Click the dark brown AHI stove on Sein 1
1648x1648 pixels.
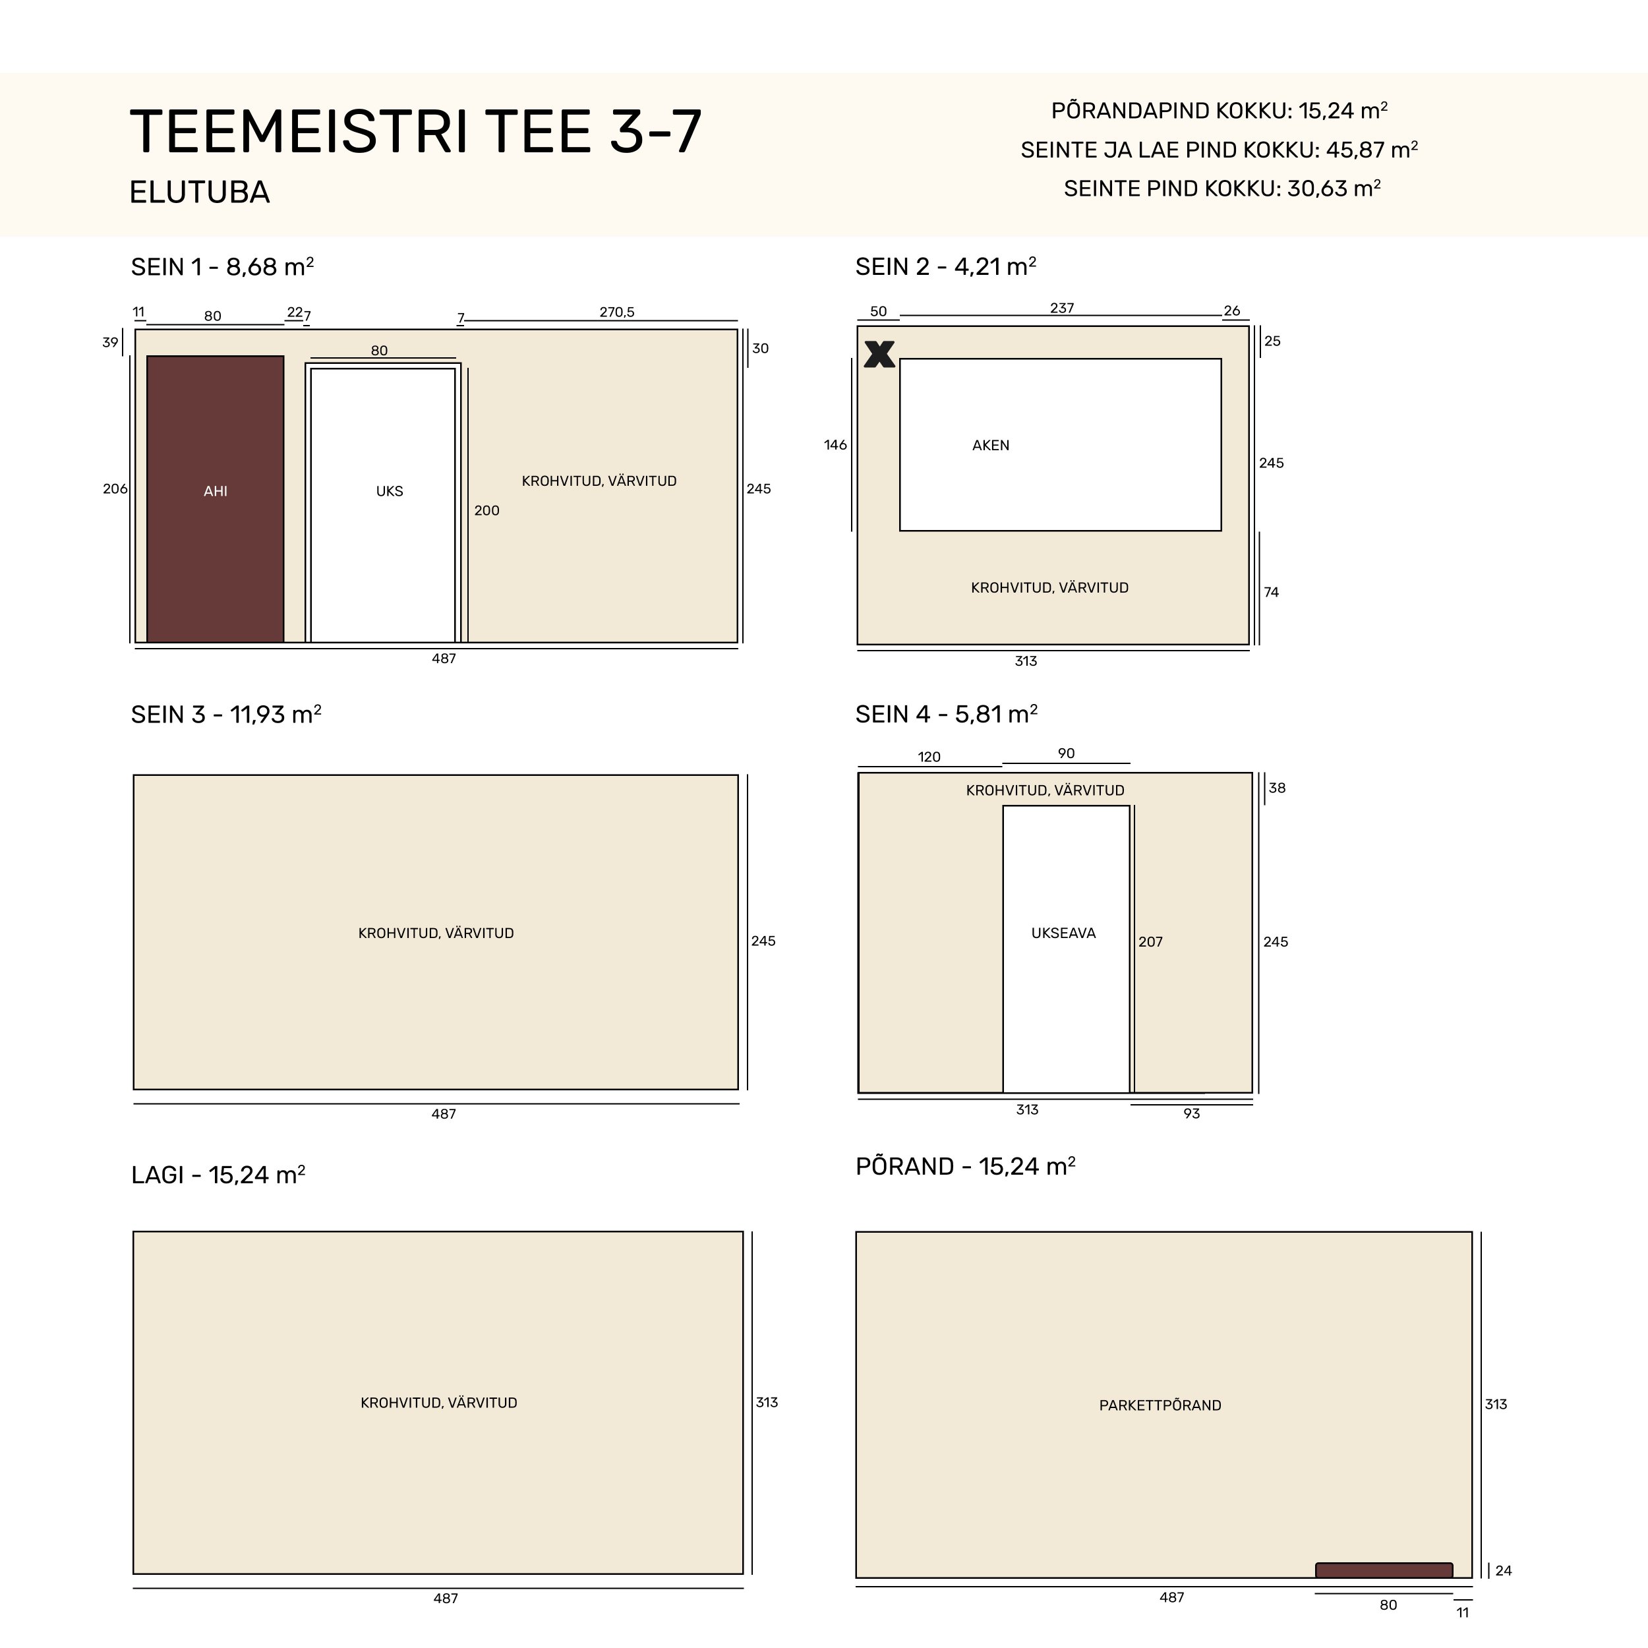click(215, 499)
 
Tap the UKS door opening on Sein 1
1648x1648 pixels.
click(383, 504)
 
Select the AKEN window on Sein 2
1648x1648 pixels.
click(1060, 444)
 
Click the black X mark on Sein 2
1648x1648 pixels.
click(879, 354)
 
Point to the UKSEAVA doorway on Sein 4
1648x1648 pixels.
click(1066, 949)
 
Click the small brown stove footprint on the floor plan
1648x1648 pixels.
click(1384, 1570)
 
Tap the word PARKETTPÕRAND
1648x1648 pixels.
click(1160, 1405)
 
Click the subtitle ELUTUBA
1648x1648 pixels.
click(200, 192)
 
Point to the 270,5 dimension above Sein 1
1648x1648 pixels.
click(617, 312)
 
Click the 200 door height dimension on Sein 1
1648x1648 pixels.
click(487, 510)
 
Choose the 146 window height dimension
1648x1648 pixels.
click(835, 444)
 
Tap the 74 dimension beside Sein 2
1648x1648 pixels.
click(1271, 592)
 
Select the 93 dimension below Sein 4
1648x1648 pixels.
click(1192, 1113)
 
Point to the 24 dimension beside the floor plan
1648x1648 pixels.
click(1503, 1570)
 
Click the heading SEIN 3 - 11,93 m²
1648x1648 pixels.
click(226, 714)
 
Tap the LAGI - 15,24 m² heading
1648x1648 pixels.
click(218, 1175)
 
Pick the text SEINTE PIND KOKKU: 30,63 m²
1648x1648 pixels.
click(1222, 188)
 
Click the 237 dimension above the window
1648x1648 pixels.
click(1062, 308)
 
